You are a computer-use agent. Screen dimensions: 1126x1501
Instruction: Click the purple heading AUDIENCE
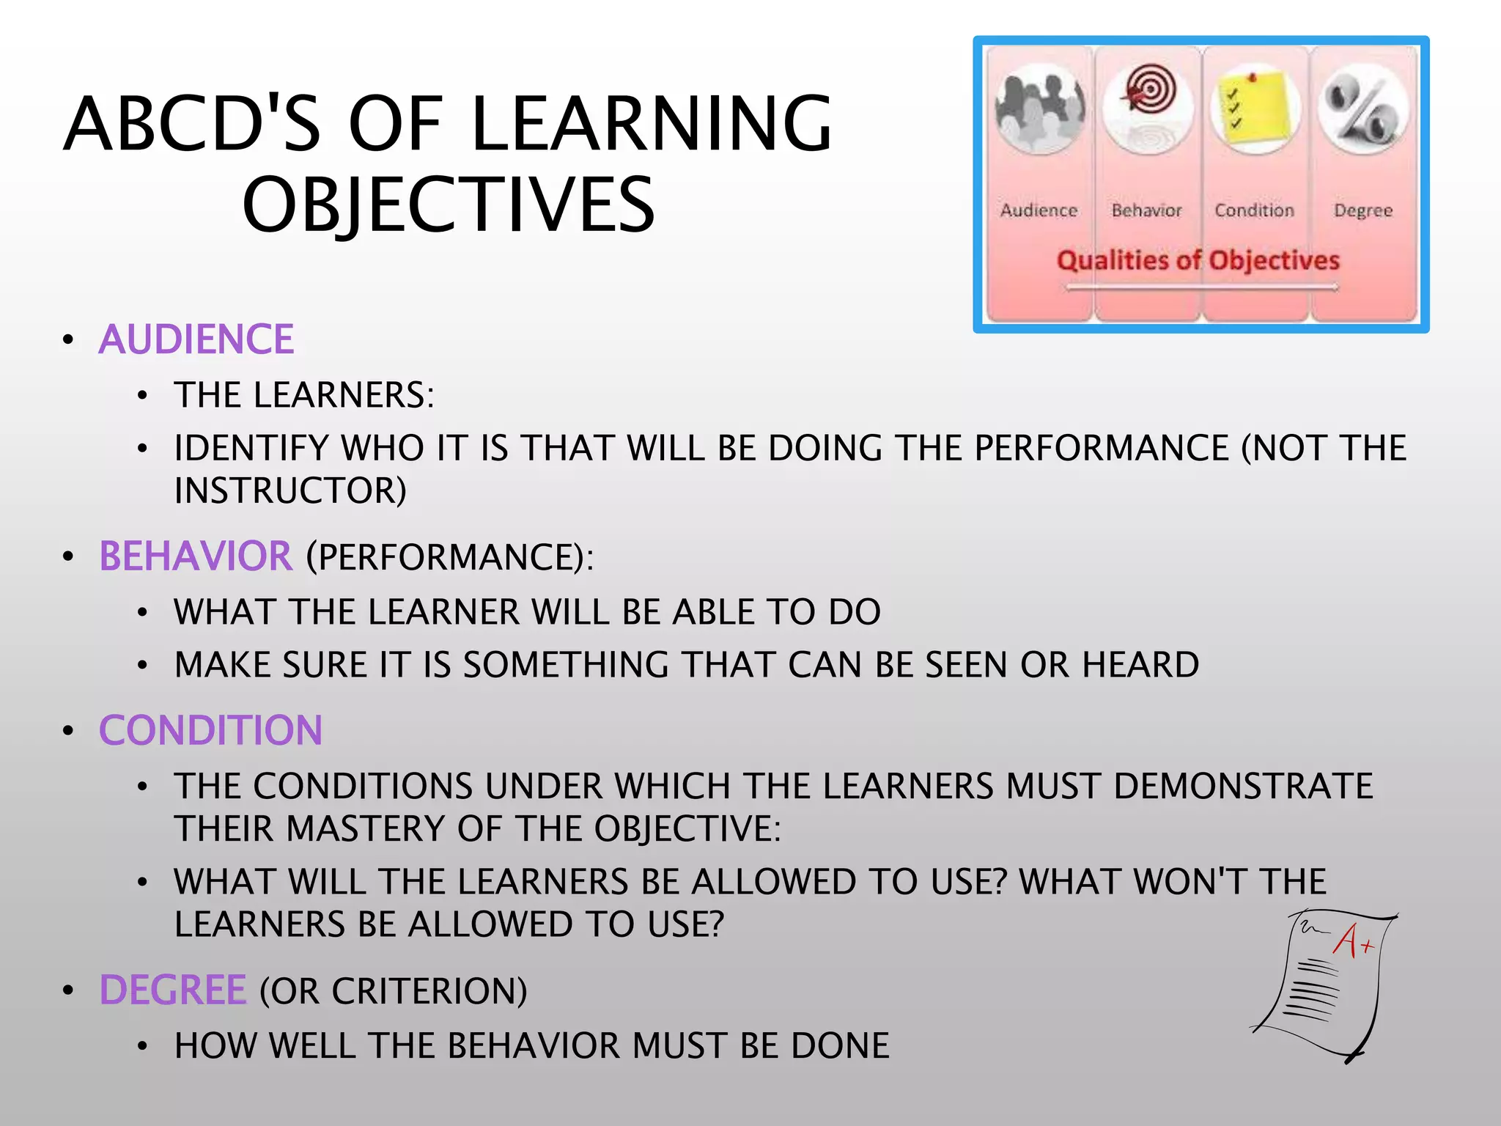pos(196,339)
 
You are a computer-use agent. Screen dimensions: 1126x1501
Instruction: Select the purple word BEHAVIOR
pos(195,556)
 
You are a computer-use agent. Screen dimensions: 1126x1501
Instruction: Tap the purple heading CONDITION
pos(210,731)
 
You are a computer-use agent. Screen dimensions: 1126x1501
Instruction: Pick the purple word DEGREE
pos(173,990)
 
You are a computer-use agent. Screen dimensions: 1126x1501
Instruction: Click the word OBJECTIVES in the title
pos(449,205)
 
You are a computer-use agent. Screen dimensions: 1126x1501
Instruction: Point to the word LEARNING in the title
pos(651,125)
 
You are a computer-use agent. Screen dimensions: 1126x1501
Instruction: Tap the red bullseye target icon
pos(1149,92)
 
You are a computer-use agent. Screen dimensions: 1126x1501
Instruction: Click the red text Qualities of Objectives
pos(1198,260)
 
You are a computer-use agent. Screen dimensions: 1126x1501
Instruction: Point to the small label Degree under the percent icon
pos(1362,211)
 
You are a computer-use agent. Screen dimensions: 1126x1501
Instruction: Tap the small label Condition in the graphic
pos(1254,210)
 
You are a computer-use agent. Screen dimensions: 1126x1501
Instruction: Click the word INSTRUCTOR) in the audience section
pos(290,490)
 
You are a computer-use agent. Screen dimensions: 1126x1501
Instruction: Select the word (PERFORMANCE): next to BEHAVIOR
pos(449,557)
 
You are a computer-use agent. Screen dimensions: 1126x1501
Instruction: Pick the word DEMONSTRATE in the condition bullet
pos(1243,787)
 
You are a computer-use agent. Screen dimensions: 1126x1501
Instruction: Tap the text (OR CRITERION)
pos(393,991)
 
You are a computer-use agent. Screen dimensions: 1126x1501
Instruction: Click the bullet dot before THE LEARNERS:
pos(142,396)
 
